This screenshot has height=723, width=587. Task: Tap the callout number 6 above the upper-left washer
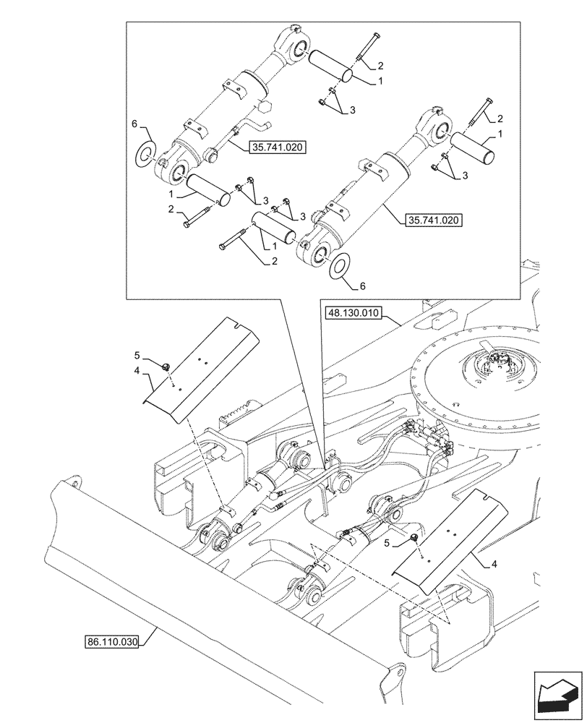coord(134,125)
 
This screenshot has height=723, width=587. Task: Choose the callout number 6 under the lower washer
coord(362,286)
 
